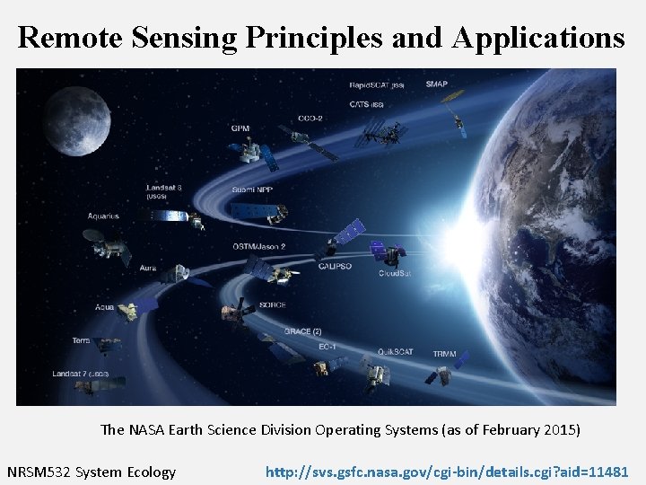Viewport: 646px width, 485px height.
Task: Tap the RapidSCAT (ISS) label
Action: click(377, 85)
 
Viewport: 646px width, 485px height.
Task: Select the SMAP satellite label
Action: click(437, 84)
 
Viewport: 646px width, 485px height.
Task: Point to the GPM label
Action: click(240, 128)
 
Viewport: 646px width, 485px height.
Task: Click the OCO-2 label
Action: click(310, 118)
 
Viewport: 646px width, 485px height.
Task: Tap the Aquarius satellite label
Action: click(103, 216)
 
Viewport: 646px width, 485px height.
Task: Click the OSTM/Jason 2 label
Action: click(259, 246)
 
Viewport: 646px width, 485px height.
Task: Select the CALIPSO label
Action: click(334, 265)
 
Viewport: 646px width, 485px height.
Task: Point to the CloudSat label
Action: click(395, 273)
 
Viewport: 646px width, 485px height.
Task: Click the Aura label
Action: click(148, 268)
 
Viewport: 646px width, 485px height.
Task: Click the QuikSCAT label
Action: click(395, 351)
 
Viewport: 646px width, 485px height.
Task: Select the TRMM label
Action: click(444, 354)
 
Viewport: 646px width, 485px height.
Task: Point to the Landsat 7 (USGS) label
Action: click(81, 373)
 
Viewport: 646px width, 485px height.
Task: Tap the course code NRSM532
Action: click(39, 472)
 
